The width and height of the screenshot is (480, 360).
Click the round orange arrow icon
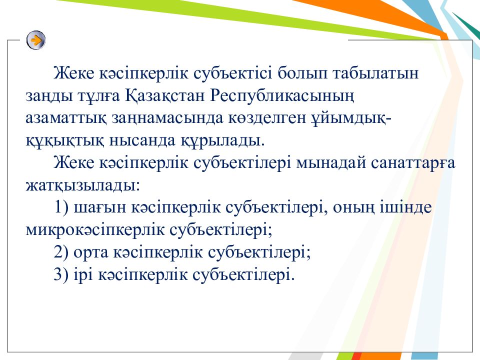pos(36,40)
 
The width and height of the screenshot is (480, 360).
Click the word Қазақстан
pos(165,96)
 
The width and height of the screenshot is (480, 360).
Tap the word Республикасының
pos(282,96)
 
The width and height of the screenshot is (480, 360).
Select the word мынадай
pos(331,163)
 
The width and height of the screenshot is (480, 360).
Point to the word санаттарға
pos(413,163)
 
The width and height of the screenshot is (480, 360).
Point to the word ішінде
pos(405,207)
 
